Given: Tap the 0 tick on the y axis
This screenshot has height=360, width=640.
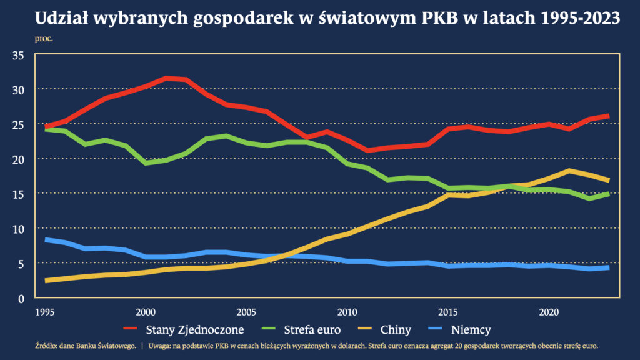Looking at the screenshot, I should [x=21, y=299].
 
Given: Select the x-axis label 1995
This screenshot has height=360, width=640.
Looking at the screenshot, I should [x=44, y=311].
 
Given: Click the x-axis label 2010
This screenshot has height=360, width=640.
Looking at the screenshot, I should [x=347, y=311].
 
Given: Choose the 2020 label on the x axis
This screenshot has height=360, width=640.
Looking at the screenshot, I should [x=548, y=311].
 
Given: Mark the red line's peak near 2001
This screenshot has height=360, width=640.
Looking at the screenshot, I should [x=166, y=78].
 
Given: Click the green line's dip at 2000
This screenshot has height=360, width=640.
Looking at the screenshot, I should [x=146, y=163].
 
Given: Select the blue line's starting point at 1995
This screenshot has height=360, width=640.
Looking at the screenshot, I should [x=45, y=240].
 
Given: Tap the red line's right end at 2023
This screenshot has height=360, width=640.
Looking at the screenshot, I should [x=608, y=116].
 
